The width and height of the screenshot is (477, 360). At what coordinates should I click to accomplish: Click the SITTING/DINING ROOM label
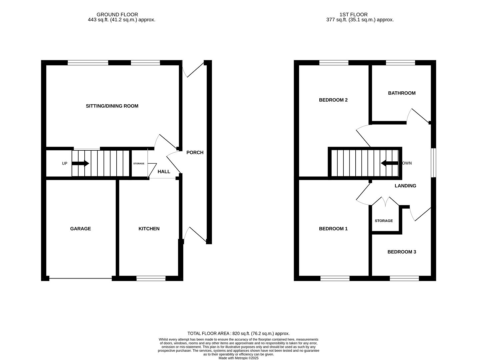coord(112,106)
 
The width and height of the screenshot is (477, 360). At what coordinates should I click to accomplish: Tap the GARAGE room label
coord(80,229)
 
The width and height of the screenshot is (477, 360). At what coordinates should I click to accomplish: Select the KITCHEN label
coord(149,229)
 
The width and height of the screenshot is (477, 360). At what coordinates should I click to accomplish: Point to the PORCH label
coord(195,153)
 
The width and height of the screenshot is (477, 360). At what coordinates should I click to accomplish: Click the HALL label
coord(164,172)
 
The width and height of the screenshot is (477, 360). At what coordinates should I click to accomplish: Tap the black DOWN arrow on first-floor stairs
coord(389,163)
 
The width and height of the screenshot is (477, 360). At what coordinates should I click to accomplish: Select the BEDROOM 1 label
coord(333,229)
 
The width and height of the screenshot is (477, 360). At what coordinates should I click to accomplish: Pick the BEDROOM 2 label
coord(333,100)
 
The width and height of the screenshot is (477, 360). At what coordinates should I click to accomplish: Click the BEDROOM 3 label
coord(402,252)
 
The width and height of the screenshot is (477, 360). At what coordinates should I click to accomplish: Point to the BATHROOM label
coord(402,93)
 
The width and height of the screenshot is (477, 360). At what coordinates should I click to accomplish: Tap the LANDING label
coord(405,186)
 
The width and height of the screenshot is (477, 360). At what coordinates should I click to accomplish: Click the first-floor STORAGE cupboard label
coord(384,221)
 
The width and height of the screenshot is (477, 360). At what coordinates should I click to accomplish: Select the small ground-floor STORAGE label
coord(139,164)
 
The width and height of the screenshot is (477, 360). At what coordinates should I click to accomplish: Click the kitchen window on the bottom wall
coord(151,278)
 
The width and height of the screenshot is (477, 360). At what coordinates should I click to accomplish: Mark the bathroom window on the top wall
coord(400,63)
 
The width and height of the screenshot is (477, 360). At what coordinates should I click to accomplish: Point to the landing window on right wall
coord(433,163)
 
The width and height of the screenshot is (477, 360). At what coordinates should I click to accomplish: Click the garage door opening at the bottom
coord(80,278)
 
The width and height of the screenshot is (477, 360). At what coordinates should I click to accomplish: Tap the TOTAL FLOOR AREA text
coord(238,333)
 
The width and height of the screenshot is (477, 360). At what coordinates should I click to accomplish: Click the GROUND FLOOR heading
coord(117,15)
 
